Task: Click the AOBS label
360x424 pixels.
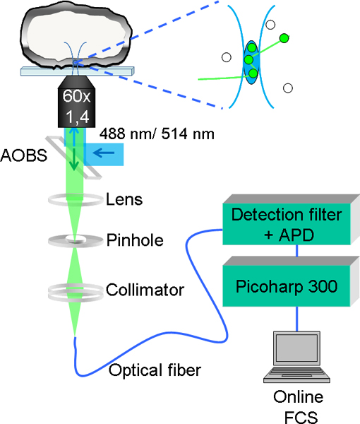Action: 24,155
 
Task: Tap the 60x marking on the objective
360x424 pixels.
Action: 76,96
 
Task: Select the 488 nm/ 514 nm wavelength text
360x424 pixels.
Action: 157,134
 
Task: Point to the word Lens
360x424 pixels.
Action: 124,199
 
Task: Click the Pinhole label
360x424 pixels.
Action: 135,240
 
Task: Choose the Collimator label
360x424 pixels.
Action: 145,290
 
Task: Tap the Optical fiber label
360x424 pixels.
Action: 155,370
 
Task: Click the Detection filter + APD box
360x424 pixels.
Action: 287,224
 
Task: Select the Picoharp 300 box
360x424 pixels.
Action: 287,286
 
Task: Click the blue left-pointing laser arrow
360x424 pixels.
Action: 104,153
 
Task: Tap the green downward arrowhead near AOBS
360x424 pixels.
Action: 74,166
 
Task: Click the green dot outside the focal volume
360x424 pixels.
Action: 284,38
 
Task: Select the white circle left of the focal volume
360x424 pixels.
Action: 227,57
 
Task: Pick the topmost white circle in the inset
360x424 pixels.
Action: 270,25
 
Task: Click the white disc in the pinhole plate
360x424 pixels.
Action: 76,239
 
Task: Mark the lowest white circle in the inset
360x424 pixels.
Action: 288,88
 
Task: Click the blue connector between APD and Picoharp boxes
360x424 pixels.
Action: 297,251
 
